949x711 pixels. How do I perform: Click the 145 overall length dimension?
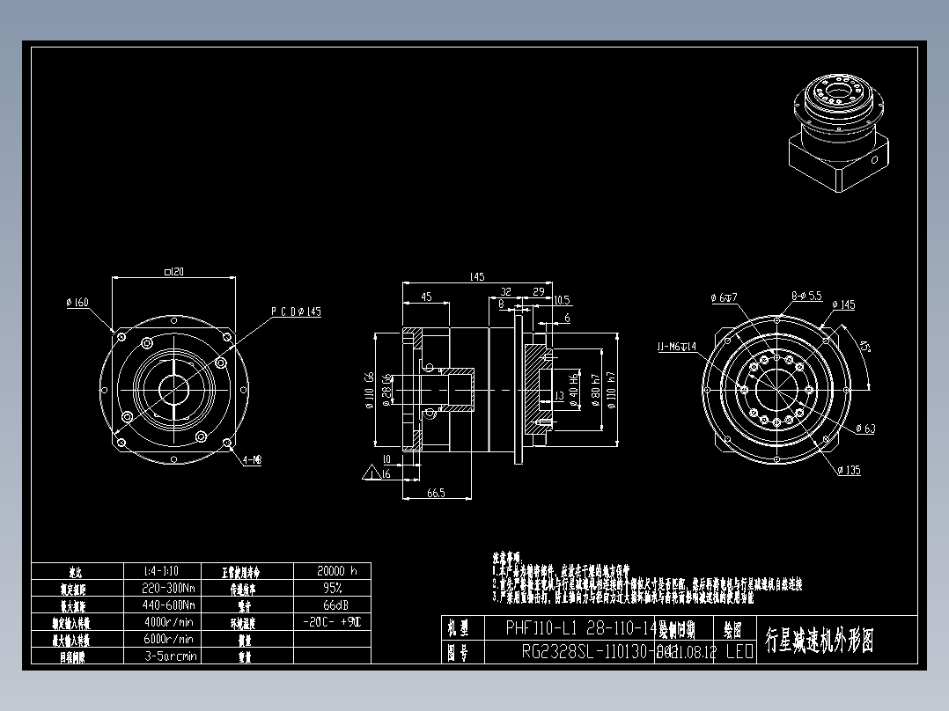[476, 277]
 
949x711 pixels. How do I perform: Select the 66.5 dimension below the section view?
[436, 494]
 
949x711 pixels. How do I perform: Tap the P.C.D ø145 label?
[295, 312]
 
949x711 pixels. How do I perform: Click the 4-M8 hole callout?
[252, 459]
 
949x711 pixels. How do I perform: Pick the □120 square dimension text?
[173, 273]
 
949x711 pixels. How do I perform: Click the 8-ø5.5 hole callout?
[806, 296]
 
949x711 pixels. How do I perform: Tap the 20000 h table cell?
[331, 571]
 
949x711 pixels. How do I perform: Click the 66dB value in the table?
[331, 605]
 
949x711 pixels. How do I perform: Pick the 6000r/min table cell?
[168, 639]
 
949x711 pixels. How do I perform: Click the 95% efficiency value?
[331, 588]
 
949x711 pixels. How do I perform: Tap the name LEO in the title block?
[739, 652]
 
